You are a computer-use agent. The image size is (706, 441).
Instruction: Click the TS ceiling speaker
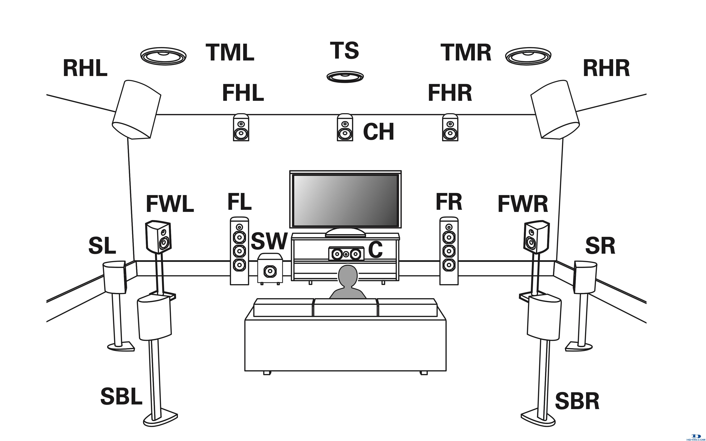pyautogui.click(x=345, y=77)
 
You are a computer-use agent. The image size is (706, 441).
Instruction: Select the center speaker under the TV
pyautogui.click(x=346, y=254)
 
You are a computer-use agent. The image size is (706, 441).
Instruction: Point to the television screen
pyautogui.click(x=345, y=200)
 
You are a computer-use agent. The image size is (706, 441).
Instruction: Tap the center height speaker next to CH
pyautogui.click(x=345, y=127)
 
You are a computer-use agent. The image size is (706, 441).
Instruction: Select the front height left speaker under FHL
pyautogui.click(x=241, y=127)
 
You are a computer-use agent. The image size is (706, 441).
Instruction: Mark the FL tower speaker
pyautogui.click(x=240, y=251)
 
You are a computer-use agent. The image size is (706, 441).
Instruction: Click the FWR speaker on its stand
pyautogui.click(x=536, y=237)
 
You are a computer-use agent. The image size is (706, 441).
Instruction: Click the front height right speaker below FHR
pyautogui.click(x=450, y=127)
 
